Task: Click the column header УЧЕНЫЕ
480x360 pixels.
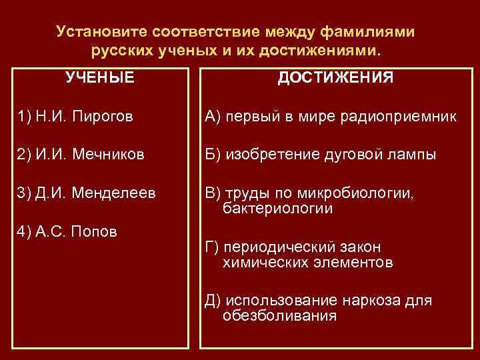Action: pos(100,77)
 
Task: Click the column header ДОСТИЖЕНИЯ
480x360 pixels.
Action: pos(335,77)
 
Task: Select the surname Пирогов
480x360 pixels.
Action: pos(107,117)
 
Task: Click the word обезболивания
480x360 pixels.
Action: pos(279,315)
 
